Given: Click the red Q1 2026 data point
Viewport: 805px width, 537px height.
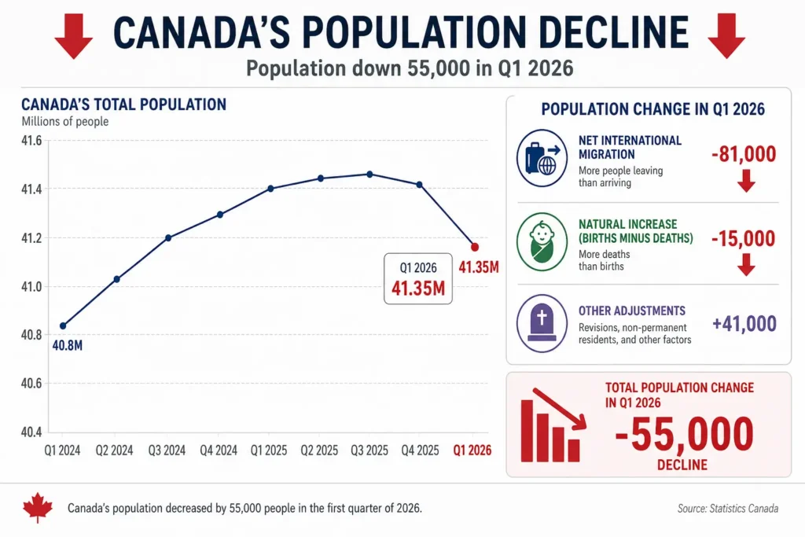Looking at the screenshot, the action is (x=475, y=247).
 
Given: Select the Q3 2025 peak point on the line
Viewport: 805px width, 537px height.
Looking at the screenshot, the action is (x=369, y=175).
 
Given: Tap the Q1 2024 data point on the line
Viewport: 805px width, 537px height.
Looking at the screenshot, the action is (x=63, y=326).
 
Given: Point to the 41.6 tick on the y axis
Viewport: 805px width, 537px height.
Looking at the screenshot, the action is (x=31, y=141).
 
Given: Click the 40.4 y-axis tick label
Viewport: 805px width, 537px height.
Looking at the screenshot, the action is (x=31, y=432).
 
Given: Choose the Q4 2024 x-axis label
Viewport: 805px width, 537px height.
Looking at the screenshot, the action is (x=219, y=451).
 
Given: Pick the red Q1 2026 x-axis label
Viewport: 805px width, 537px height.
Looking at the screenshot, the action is (x=472, y=451).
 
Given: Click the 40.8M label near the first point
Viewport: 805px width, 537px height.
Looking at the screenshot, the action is (x=68, y=345).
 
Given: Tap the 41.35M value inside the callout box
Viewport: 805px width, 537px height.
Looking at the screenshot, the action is (x=418, y=289).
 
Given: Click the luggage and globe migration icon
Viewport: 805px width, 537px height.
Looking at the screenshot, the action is (x=542, y=158).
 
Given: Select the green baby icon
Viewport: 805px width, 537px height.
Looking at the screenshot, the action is (x=542, y=242).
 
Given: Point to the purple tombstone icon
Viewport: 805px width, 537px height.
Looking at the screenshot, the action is (x=542, y=323).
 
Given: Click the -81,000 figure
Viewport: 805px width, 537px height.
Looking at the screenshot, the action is (x=744, y=154).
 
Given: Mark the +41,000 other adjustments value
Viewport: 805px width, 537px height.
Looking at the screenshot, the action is (x=744, y=324).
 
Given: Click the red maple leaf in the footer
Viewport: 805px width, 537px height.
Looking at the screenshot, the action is (x=38, y=508).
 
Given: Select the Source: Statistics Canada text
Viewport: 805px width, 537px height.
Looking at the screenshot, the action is (x=728, y=509).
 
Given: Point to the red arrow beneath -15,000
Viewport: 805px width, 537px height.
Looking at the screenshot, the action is (x=747, y=264).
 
